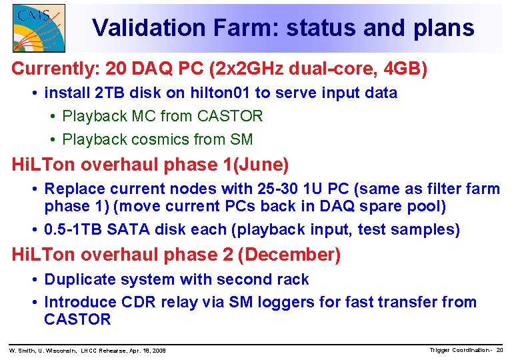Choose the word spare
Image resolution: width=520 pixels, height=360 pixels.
click(383, 206)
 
